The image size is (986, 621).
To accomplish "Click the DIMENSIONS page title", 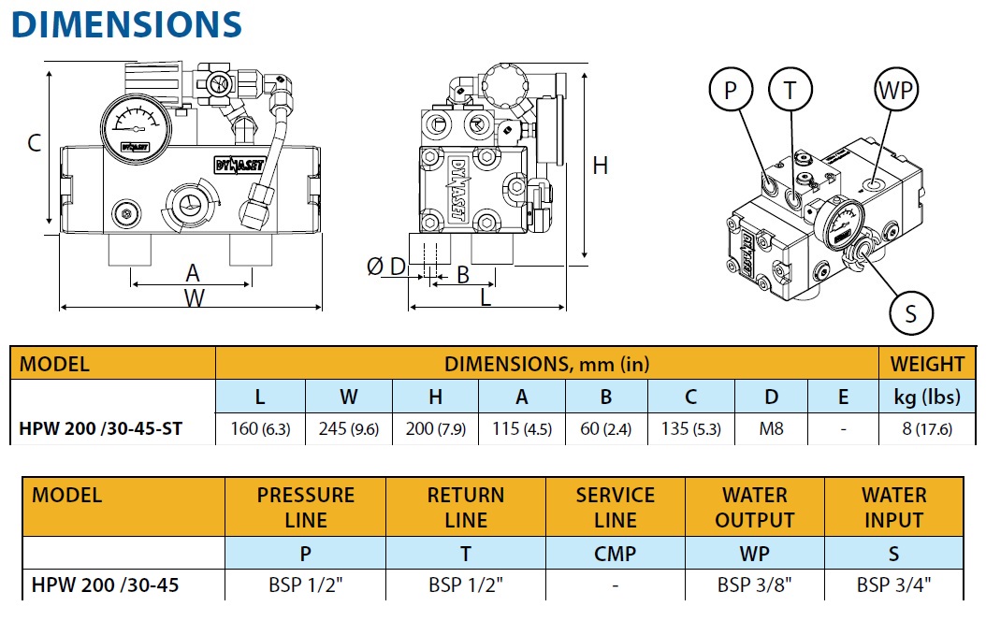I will (x=126, y=24).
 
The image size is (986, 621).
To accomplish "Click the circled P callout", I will (x=732, y=91).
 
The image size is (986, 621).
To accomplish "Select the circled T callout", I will (x=790, y=91).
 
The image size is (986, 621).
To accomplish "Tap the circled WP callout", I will (x=895, y=91).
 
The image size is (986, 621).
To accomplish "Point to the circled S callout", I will (x=911, y=312).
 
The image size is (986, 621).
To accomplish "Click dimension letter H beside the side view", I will (x=601, y=166).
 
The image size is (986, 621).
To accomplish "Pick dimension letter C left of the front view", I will (x=34, y=143).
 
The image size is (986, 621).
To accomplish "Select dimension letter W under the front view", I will (x=194, y=297).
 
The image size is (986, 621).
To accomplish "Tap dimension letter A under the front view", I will (x=193, y=273).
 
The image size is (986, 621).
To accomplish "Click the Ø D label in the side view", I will (x=386, y=267).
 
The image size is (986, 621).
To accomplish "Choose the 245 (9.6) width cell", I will (x=348, y=429).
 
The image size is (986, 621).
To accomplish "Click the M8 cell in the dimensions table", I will (x=771, y=429).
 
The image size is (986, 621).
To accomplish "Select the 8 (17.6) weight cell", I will (x=926, y=429).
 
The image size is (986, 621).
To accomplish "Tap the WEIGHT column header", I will (x=926, y=364).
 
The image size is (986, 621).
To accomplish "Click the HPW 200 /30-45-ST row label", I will (x=101, y=429).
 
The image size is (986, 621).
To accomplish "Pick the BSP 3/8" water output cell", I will (x=754, y=585).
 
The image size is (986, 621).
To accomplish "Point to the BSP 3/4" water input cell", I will (x=893, y=585).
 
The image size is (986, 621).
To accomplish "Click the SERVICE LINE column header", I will (x=615, y=507).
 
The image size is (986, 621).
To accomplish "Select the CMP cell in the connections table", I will (x=615, y=554).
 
